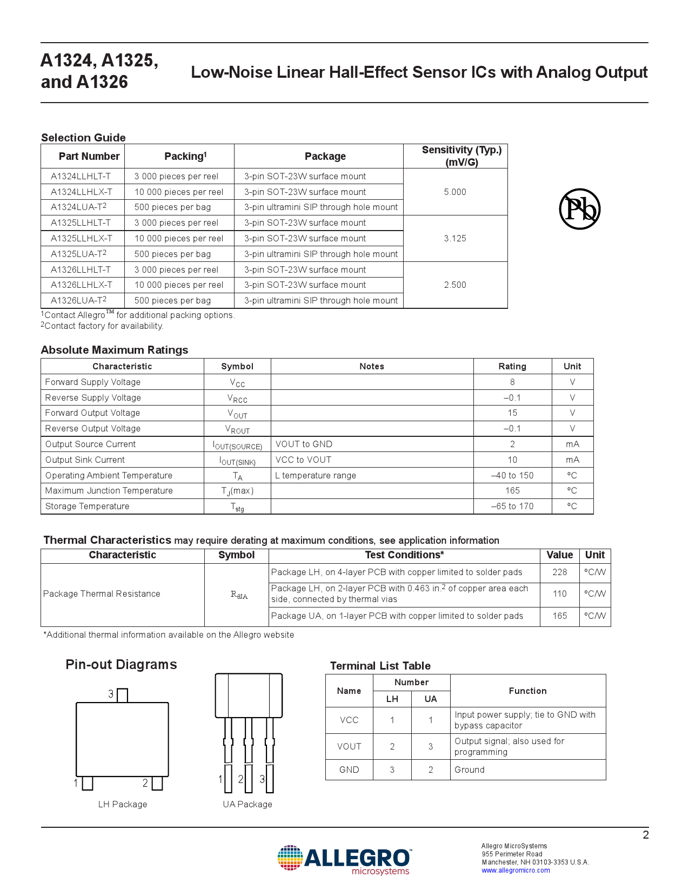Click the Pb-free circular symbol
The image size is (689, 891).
tap(579, 209)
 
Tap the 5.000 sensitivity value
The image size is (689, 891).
tap(455, 192)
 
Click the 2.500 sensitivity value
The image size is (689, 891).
tap(455, 285)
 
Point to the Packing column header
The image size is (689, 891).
tap(185, 156)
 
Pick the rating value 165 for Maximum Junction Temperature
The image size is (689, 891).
tap(512, 490)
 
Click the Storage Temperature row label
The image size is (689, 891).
tap(88, 506)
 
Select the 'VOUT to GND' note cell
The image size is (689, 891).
tap(304, 444)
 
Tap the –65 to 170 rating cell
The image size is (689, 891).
tap(512, 506)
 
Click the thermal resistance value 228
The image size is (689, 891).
tap(559, 572)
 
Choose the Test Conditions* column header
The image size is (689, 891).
tap(404, 555)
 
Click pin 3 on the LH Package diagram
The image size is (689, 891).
tap(122, 695)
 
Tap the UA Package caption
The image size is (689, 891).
tap(247, 804)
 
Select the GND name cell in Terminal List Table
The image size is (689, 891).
tap(349, 769)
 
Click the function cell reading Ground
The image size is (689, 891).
tap(470, 769)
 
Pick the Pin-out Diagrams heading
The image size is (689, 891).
tap(121, 664)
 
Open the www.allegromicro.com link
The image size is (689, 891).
tap(516, 870)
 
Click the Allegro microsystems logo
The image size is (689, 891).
tap(344, 860)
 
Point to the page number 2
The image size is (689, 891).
tap(645, 835)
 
